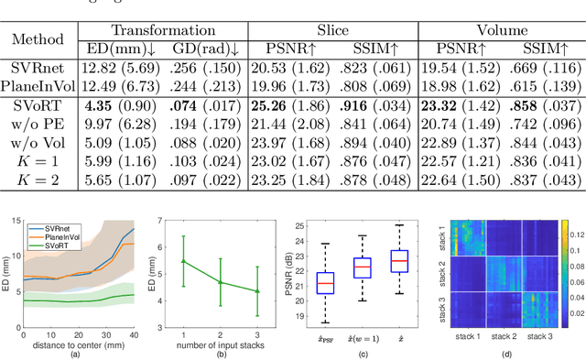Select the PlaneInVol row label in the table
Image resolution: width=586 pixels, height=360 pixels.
37,87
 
